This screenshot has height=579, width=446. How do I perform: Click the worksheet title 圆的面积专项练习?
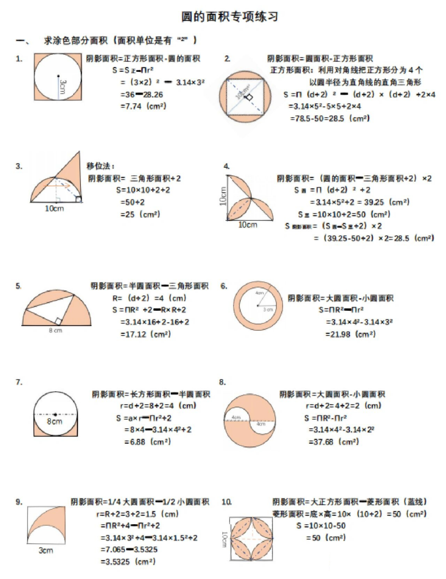point(230,17)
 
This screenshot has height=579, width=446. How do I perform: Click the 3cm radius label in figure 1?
point(63,86)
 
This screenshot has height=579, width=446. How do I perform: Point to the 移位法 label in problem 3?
point(100,166)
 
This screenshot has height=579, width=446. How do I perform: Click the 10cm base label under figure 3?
point(54,209)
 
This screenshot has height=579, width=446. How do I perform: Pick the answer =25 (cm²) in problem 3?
point(140,214)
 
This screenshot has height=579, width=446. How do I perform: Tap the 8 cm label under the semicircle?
point(56,331)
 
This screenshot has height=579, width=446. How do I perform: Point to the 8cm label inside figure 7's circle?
point(55,422)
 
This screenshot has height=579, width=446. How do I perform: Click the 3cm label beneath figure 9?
point(46,551)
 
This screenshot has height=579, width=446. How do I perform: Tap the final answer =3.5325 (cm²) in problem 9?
point(128,562)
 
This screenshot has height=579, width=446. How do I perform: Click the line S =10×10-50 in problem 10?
point(321,526)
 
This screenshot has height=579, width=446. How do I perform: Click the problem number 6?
point(224,286)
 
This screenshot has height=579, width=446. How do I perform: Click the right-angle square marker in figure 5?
point(58,321)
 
